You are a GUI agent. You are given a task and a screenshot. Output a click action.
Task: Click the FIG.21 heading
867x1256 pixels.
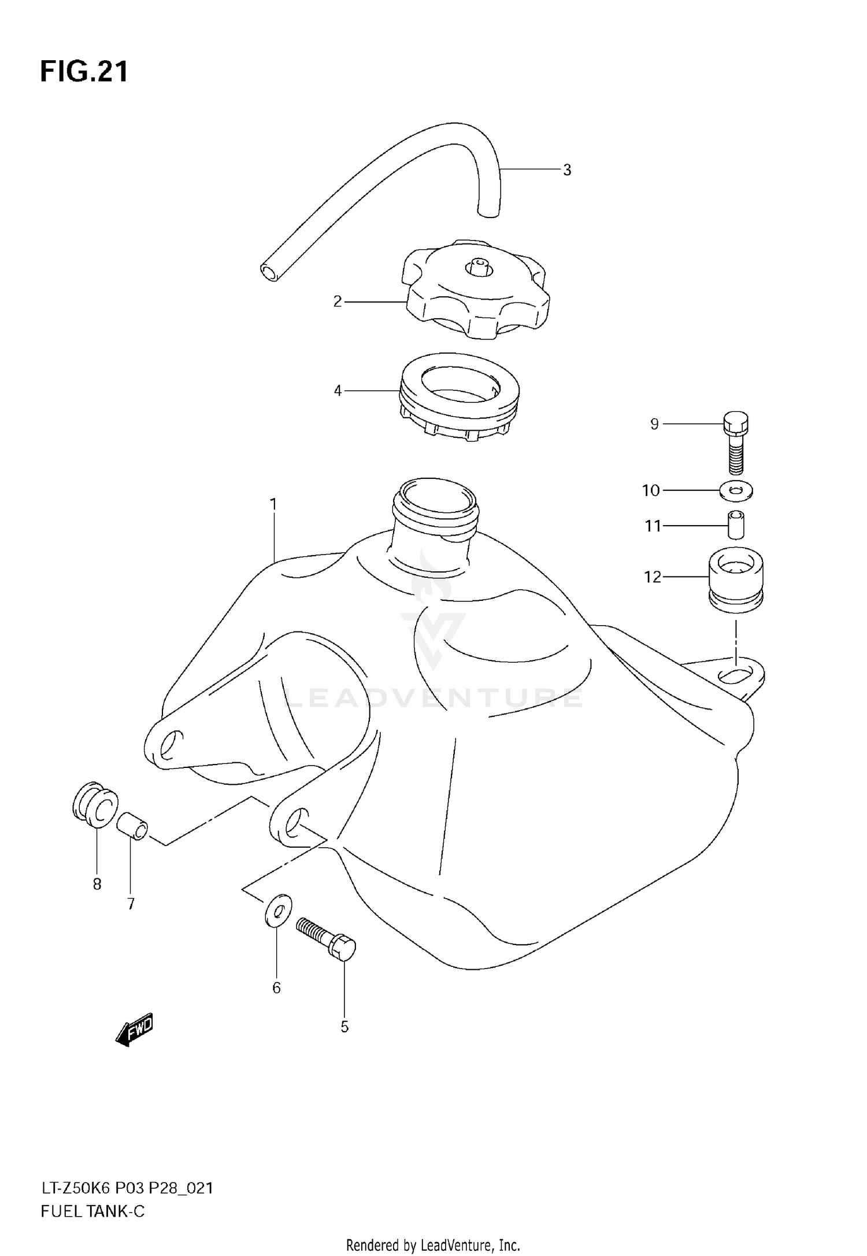84,72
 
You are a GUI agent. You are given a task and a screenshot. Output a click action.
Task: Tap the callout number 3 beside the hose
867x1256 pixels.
566,170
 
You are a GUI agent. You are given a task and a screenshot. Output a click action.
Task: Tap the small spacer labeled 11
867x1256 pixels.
735,524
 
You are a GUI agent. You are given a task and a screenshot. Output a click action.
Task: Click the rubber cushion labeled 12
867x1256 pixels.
735,579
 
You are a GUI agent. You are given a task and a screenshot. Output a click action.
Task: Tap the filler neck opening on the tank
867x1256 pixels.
435,497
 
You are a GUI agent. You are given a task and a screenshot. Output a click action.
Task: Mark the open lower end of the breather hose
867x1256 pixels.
269,272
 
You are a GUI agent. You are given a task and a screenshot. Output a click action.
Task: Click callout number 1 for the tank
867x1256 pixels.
273,504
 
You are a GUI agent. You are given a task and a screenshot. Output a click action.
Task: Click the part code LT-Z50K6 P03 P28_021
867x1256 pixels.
127,1188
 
